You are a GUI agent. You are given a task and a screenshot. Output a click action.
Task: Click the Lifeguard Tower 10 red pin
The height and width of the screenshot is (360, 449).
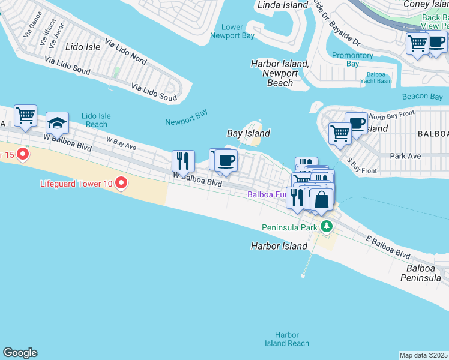click(121, 182)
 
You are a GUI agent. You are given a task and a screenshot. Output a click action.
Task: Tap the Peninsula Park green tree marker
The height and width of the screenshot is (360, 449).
click(326, 227)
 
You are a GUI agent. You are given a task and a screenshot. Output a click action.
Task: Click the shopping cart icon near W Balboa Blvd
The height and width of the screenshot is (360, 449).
click(25, 115)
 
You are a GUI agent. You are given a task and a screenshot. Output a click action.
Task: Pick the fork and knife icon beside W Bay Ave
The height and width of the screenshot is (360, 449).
click(183, 160)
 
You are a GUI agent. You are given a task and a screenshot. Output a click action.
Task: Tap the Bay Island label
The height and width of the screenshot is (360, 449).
click(248, 133)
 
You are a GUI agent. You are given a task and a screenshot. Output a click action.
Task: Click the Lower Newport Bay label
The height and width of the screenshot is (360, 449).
click(233, 31)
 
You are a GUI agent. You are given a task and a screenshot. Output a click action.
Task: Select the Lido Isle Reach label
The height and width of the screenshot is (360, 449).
click(97, 119)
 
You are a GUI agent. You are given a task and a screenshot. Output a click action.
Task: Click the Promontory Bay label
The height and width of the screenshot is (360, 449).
click(353, 59)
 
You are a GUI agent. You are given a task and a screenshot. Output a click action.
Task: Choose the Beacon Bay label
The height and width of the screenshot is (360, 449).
click(423, 97)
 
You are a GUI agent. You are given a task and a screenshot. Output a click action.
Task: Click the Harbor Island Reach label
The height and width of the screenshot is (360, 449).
click(286, 339)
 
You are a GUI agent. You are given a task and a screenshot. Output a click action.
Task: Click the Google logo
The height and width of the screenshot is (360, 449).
click(20, 353)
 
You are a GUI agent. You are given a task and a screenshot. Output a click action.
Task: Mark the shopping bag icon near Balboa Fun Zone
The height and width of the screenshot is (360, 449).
click(321, 200)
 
